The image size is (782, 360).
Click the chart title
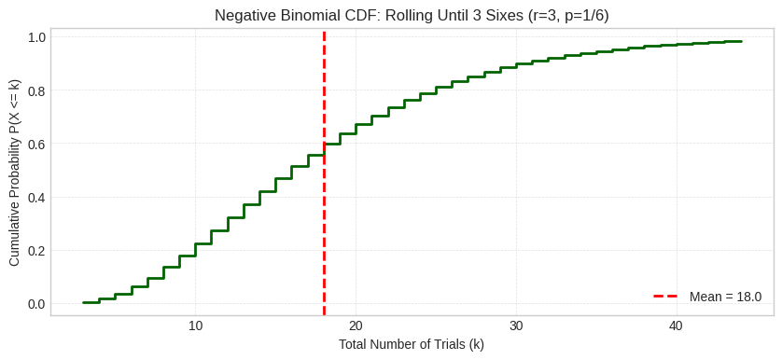(412, 15)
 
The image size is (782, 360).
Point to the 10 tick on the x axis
(195, 325)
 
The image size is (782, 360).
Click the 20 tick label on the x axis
(356, 325)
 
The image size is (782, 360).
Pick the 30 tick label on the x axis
(516, 325)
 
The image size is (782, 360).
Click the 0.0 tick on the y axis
(36, 303)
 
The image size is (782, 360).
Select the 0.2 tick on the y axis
(36, 250)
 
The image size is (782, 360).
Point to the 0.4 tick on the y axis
(36, 197)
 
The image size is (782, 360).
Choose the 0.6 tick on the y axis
(36, 144)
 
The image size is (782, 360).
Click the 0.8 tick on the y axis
(36, 90)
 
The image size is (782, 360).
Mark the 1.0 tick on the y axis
(36, 37)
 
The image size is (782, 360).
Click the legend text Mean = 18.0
(725, 297)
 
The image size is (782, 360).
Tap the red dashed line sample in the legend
(665, 297)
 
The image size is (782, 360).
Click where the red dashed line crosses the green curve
(324, 149)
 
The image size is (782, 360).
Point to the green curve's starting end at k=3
(83, 302)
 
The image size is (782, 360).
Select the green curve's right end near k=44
(741, 41)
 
